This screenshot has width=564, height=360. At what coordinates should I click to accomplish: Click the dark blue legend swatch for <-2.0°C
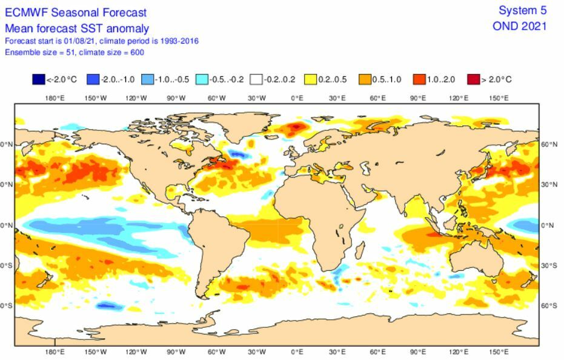pos(38,79)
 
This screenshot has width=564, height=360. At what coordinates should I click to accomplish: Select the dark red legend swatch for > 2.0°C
pos(473,79)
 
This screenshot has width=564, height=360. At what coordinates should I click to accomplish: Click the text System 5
pos(522,10)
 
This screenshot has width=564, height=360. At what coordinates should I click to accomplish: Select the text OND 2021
pos(520,26)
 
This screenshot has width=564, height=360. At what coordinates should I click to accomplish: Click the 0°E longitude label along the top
pos(297,98)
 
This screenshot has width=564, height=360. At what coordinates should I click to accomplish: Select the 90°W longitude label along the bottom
pos(176,352)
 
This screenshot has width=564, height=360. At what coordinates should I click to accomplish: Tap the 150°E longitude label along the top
pos(499,98)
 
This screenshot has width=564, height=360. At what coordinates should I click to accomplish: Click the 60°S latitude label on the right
pos(549,305)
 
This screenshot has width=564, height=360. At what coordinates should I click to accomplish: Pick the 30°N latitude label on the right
pos(549,184)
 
